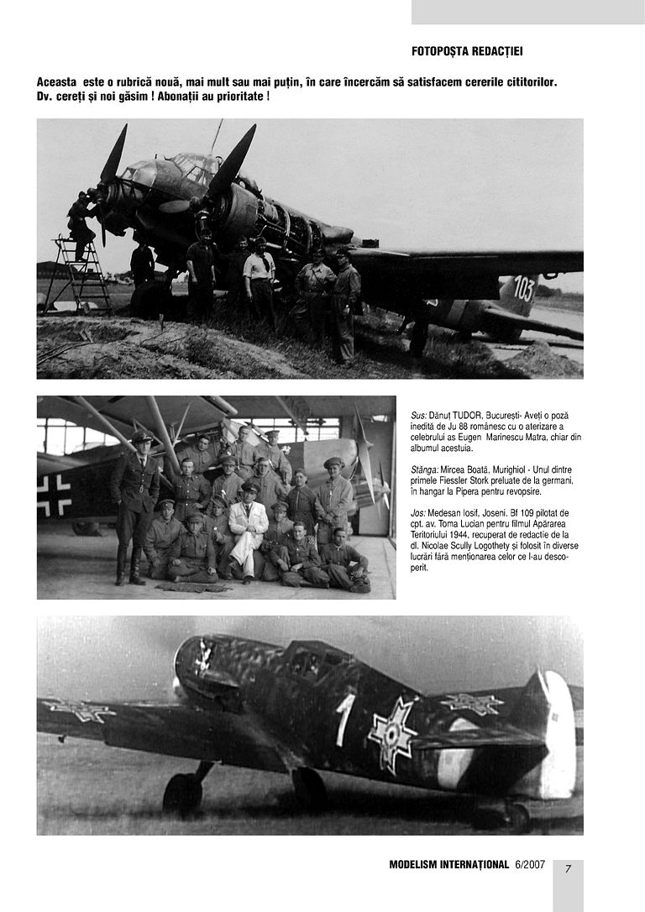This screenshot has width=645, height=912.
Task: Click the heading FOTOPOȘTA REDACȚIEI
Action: tap(467, 51)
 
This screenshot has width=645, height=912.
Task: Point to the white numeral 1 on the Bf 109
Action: tap(344, 718)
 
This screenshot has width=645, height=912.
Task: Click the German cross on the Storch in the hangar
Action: tap(54, 495)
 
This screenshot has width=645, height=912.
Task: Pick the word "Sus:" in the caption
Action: tap(419, 417)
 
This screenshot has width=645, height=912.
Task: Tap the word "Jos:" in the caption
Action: tap(419, 511)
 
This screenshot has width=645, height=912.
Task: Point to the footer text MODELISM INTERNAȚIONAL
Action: tap(449, 865)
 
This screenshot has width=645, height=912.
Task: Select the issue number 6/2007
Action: tap(530, 865)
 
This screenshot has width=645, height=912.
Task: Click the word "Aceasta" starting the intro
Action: tap(56, 81)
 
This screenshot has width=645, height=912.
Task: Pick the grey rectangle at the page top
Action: tap(527, 12)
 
